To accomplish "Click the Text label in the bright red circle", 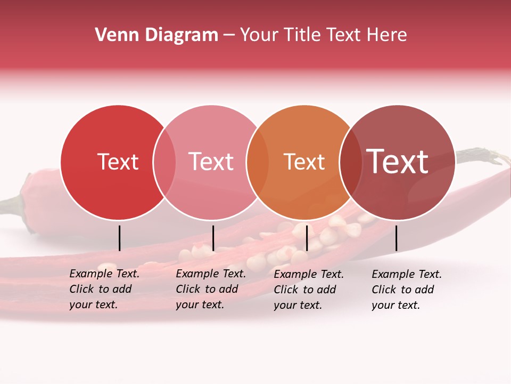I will coord(118,162).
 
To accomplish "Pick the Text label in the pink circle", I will coord(211,162).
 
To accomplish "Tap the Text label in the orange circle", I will coord(304,162).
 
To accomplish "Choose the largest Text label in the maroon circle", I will coord(398,162).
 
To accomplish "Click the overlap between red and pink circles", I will coord(164,162).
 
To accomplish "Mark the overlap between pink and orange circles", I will coord(258,162).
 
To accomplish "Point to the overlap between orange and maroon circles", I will coord(351,162).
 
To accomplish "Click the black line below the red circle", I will coord(120,238).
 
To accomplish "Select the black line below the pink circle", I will coord(213,238).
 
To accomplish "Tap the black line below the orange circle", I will coord(307,238).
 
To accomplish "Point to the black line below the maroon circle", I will coord(397,238).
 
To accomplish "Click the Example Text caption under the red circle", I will coord(104,289).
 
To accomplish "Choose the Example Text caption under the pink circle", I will coord(211,289).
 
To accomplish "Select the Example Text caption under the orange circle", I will coord(309,290).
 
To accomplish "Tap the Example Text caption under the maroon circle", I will coord(407,290).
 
